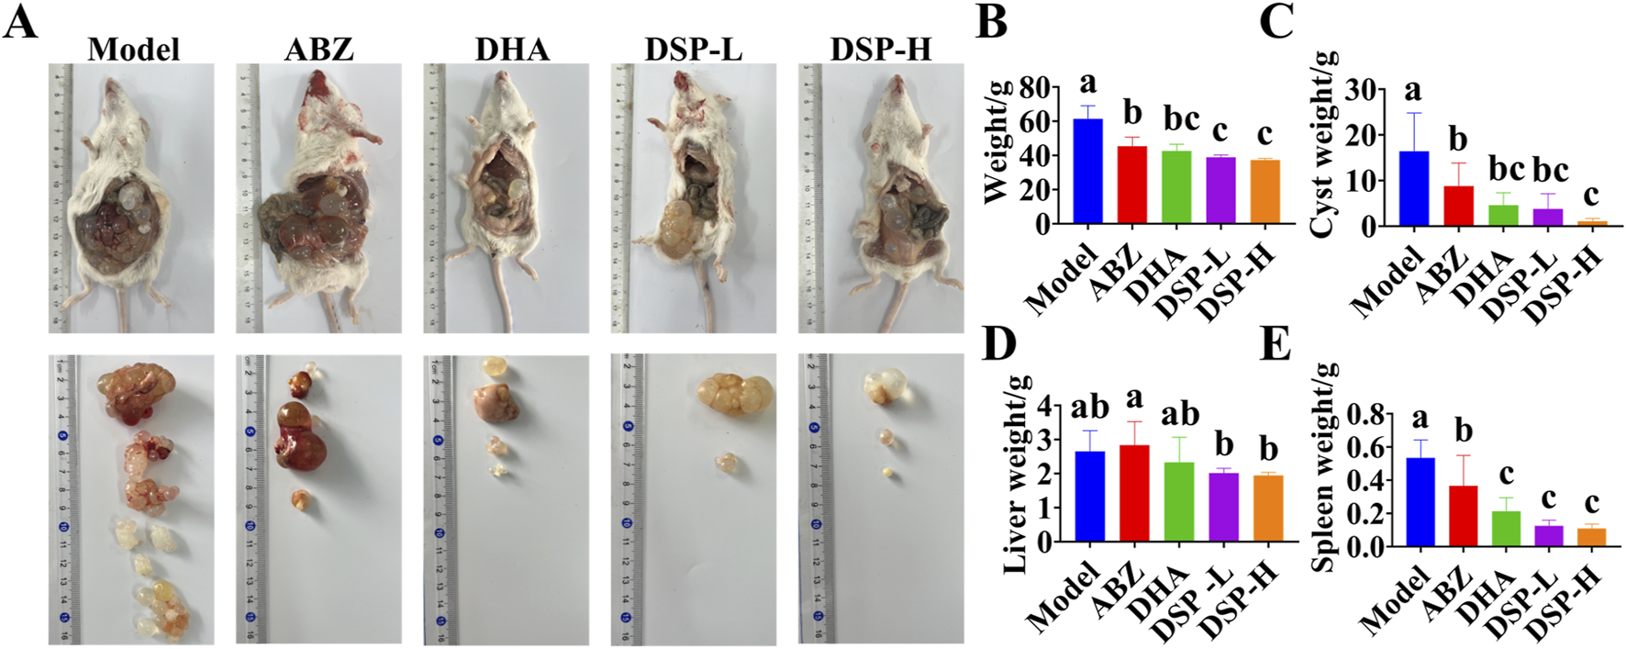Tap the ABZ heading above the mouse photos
(x=318, y=48)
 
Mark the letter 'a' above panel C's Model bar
(x=1413, y=90)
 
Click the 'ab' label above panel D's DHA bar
(x=1179, y=414)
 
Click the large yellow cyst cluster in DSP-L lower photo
(x=735, y=394)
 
